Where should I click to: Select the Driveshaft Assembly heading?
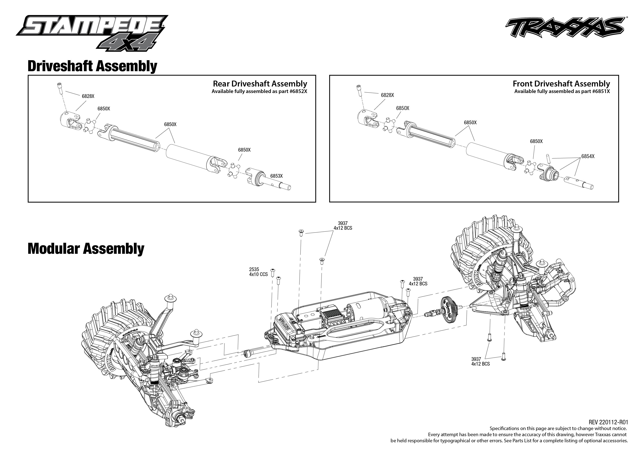92,67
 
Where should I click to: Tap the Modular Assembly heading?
86,249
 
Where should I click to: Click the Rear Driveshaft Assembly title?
260,84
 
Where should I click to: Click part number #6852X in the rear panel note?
298,91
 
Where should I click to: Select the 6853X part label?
276,176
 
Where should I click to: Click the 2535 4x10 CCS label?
258,272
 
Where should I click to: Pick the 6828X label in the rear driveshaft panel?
88,96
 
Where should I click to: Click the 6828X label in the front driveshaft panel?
387,95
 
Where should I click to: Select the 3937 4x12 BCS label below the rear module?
480,361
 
